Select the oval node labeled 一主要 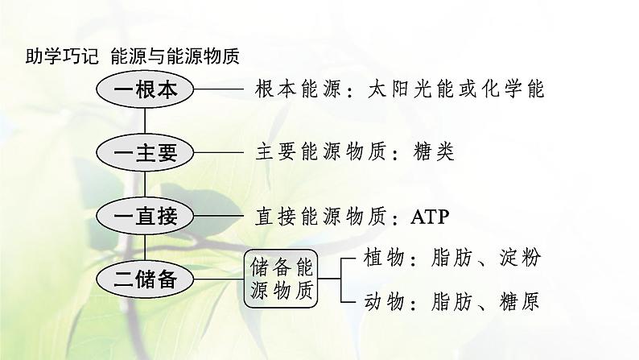[145, 153]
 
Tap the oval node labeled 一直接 [145, 217]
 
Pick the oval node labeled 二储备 [145, 279]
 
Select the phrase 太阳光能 [399, 89]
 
